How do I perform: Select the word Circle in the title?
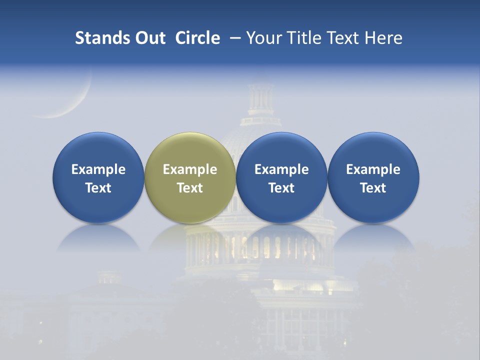click(x=197, y=38)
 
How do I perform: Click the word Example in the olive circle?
click(x=190, y=169)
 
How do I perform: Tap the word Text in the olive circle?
click(x=190, y=188)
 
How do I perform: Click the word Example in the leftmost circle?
click(x=98, y=169)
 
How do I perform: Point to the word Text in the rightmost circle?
click(x=373, y=188)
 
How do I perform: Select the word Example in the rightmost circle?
click(x=373, y=169)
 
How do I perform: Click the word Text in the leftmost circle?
click(x=98, y=188)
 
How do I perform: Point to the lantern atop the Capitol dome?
click(x=261, y=97)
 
